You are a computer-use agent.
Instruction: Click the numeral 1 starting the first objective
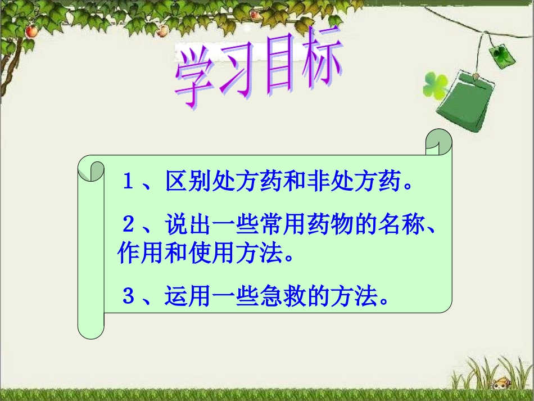tap(128, 182)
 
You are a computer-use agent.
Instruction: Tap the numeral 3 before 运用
tap(129, 296)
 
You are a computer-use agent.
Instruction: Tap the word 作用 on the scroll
tap(140, 254)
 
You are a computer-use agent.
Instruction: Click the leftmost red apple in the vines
tap(31, 30)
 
